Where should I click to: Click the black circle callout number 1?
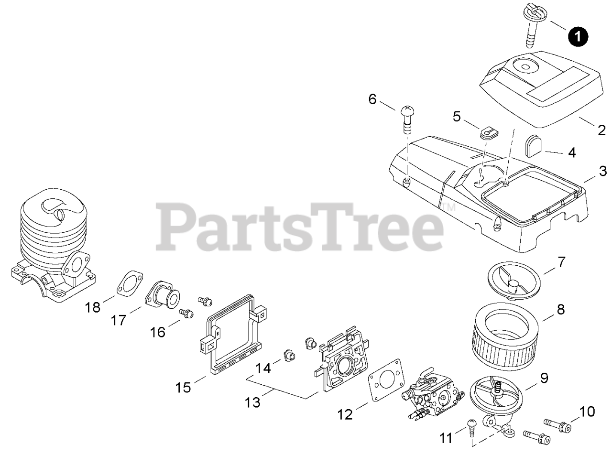(x=578, y=36)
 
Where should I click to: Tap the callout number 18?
(x=93, y=307)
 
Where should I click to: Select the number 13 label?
(x=253, y=402)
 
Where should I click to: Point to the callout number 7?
(x=561, y=262)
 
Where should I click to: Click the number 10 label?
(x=588, y=412)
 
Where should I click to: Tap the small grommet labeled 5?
(x=488, y=131)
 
